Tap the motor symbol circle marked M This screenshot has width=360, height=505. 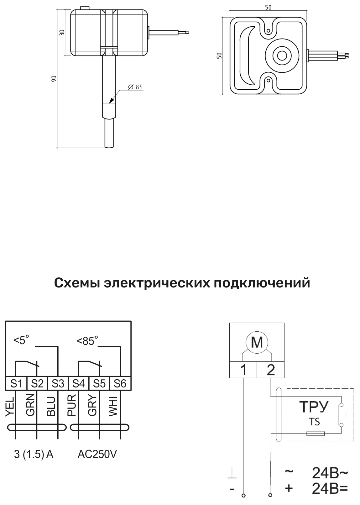click(x=257, y=342)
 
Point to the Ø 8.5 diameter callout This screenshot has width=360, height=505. click(x=135, y=87)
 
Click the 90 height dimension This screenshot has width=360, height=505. click(x=54, y=79)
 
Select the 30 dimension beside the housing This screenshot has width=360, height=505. click(x=62, y=33)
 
